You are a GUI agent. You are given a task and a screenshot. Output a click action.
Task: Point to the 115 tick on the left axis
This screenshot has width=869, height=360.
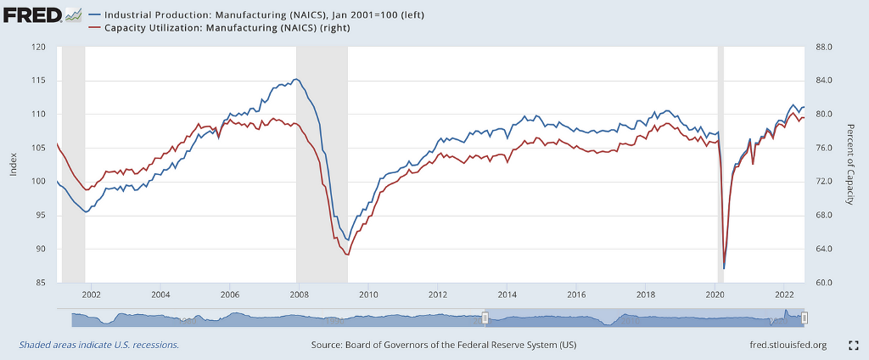pyautogui.click(x=39, y=81)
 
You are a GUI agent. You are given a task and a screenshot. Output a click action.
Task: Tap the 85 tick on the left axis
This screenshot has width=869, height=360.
pyautogui.click(x=41, y=283)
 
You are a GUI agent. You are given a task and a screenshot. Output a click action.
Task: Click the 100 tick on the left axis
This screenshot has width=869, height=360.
pyautogui.click(x=39, y=182)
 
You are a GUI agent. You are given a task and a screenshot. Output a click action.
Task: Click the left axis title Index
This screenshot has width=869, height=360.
pyautogui.click(x=13, y=165)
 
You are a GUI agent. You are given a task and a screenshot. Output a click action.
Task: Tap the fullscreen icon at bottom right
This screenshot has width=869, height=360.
pyautogui.click(x=855, y=346)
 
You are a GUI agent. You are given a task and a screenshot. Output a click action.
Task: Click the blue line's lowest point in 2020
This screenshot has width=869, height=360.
pyautogui.click(x=724, y=268)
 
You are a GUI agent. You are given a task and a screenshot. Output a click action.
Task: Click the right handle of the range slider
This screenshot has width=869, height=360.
pyautogui.click(x=805, y=318)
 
